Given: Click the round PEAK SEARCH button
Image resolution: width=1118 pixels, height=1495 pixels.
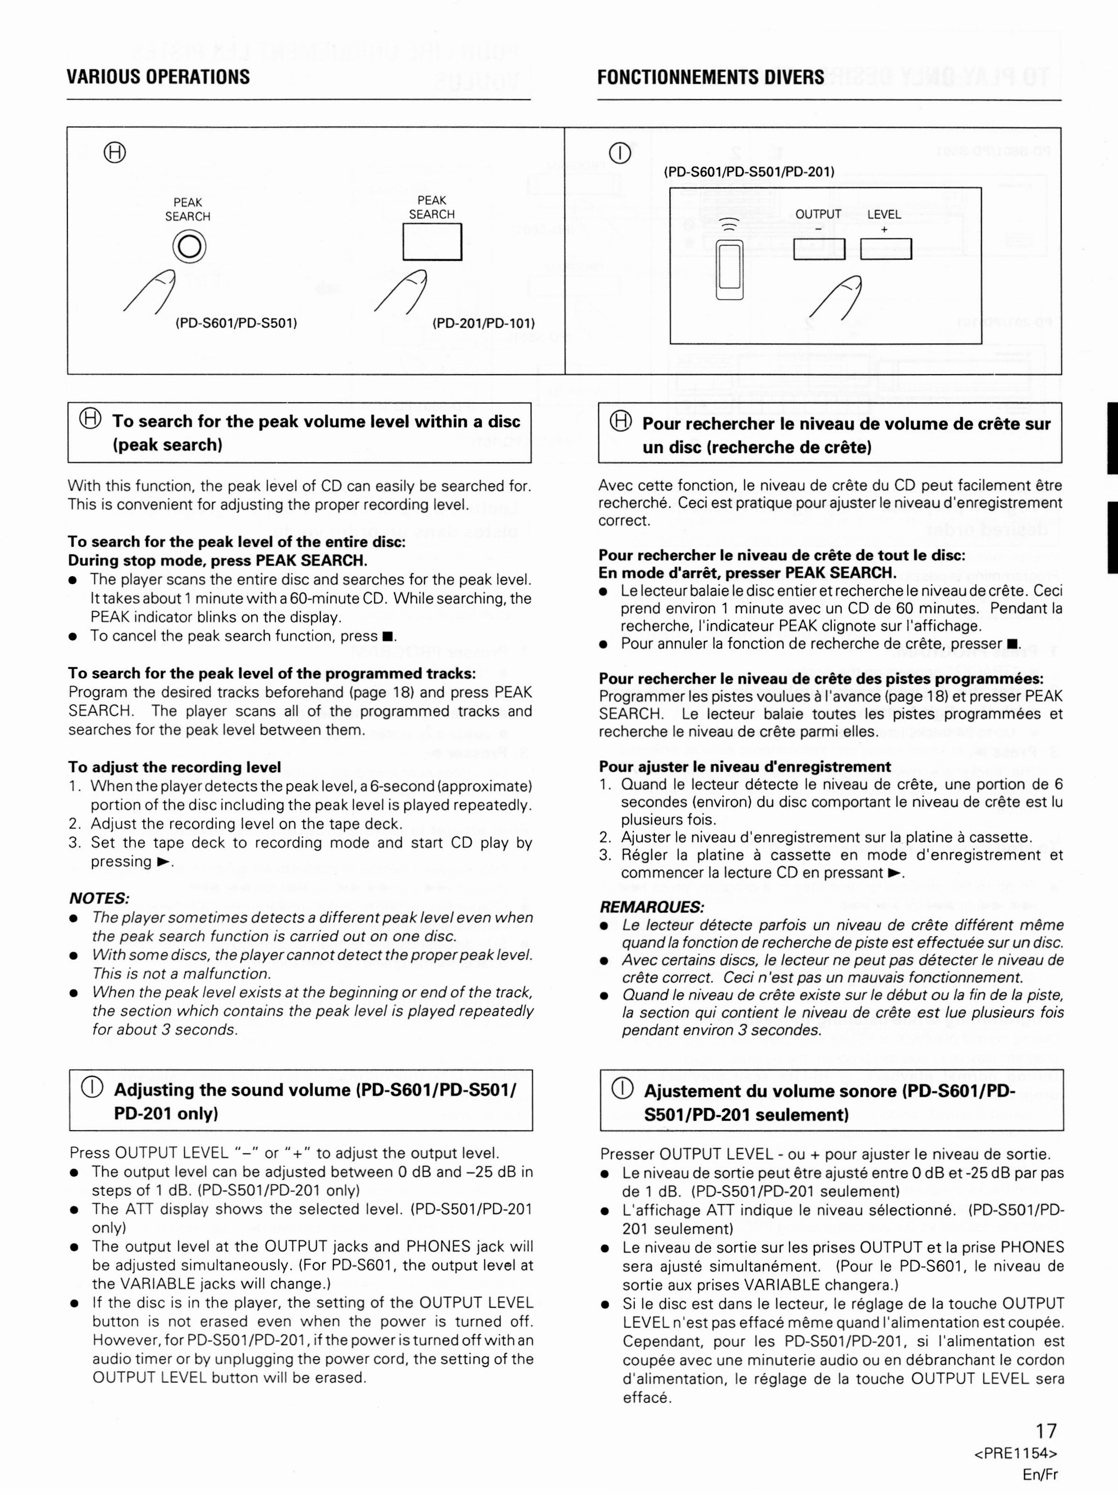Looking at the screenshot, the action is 189,247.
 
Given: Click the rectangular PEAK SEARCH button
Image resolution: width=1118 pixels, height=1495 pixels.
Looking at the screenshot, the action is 432,241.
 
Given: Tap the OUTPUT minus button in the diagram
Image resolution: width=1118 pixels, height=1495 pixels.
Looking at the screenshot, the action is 819,249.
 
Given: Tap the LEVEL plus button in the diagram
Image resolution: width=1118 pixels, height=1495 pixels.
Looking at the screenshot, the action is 885,249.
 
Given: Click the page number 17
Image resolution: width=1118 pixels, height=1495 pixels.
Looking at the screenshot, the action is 1046,1431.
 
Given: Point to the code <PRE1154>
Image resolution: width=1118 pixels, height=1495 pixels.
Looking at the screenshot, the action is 1016,1453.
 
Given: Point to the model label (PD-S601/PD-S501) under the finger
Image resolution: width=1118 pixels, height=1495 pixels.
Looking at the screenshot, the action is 236,323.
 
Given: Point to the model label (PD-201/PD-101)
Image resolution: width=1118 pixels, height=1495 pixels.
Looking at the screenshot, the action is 483,323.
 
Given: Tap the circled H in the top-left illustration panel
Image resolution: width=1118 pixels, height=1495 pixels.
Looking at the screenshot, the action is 114,154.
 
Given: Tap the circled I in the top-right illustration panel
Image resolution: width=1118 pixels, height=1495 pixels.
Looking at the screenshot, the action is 620,154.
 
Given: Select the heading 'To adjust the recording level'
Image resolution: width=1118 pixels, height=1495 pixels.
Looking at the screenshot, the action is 175,767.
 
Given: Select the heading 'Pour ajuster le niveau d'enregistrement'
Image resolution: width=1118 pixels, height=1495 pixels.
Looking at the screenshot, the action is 745,767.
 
